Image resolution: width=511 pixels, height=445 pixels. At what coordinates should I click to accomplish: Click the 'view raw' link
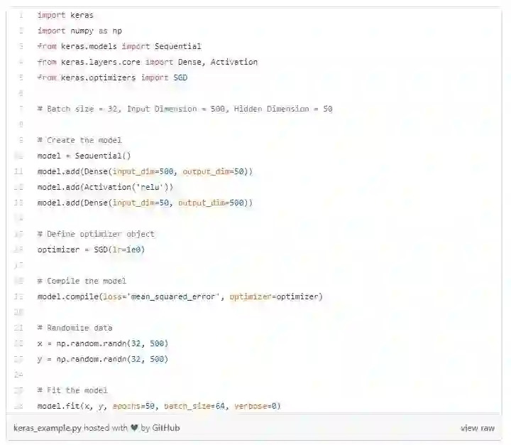[477, 428]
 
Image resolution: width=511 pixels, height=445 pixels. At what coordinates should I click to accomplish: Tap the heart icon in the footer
[135, 428]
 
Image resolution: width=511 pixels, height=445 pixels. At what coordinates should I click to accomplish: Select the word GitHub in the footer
[166, 428]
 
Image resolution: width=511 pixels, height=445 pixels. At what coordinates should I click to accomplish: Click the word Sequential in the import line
[177, 46]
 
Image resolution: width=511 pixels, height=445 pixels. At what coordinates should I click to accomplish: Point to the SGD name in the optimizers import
[180, 77]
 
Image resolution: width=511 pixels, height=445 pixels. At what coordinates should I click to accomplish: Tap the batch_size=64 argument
[192, 406]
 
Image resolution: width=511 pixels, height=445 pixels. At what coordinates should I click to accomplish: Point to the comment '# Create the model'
[79, 140]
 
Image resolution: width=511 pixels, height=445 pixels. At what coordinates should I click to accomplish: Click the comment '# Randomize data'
[75, 328]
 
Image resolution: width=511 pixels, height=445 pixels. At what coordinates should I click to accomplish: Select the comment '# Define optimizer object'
[96, 234]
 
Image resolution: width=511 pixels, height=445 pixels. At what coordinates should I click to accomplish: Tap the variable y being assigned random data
[40, 359]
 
